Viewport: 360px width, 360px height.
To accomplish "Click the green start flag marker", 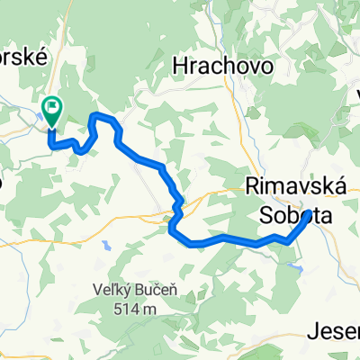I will coord(52,112).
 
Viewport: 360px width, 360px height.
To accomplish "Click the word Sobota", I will coord(289,216).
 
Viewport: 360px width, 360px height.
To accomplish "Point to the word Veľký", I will coord(111,289).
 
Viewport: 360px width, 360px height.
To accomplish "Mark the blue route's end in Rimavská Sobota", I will coord(309,215).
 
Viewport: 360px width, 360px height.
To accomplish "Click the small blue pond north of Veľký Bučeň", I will coord(106,244).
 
